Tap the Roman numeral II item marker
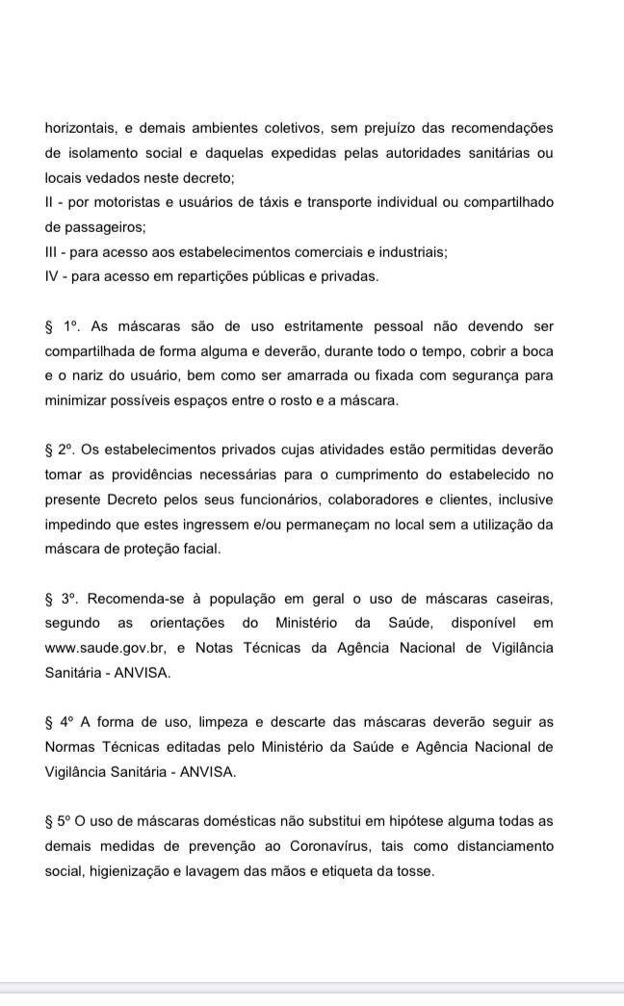48,203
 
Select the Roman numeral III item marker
51,252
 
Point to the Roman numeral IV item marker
52,277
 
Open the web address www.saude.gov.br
108,648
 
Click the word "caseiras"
524,598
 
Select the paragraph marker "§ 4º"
60,722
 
